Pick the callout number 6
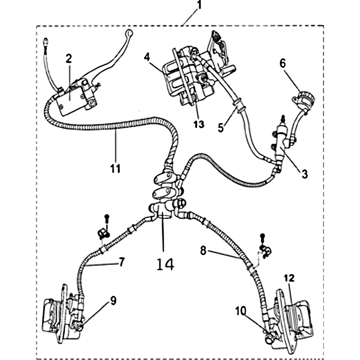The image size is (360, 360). (x=282, y=64)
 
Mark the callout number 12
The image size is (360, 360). (x=288, y=278)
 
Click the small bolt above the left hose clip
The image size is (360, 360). (x=107, y=219)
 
